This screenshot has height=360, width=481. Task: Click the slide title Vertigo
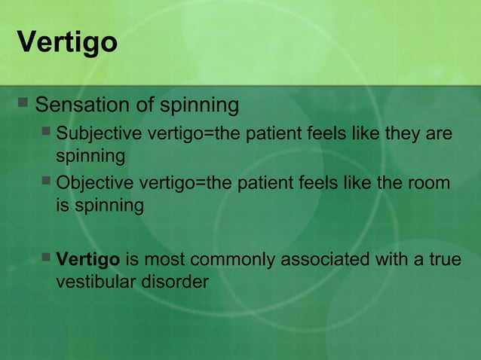click(x=66, y=42)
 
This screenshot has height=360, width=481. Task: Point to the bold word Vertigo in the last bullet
click(x=88, y=261)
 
